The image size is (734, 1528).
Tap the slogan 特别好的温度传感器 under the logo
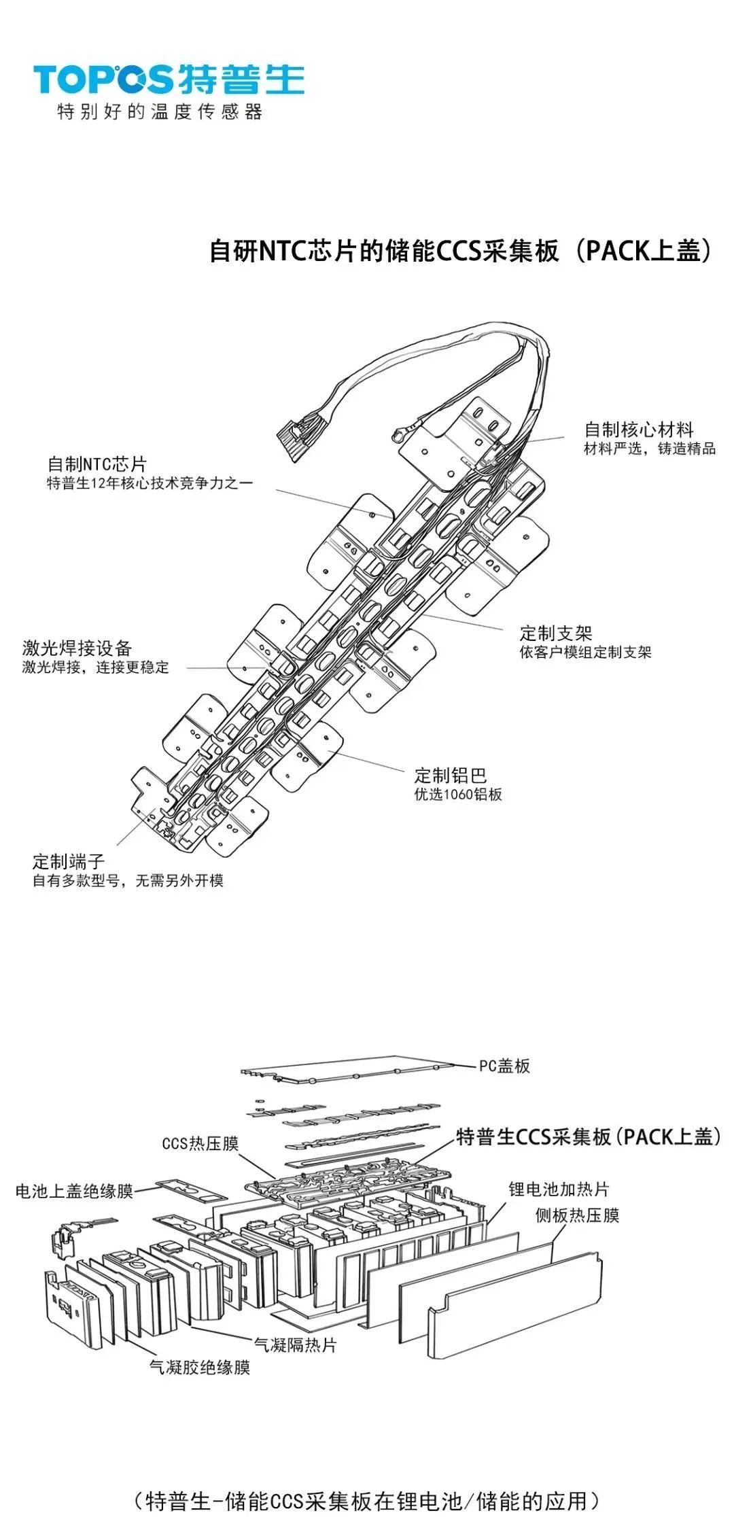160,111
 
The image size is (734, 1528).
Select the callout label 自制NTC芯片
97,464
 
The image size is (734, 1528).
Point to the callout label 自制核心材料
638,430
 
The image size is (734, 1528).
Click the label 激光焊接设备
76,648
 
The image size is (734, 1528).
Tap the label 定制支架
555,633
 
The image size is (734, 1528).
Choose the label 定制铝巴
451,775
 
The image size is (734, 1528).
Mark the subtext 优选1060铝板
458,794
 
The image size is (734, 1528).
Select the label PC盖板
504,1065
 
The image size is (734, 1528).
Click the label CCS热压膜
200,1143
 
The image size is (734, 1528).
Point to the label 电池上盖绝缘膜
74,1191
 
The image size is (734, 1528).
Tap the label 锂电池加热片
559,1189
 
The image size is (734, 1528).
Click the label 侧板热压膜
577,1215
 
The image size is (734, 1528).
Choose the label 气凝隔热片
295,1344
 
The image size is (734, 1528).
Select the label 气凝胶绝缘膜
200,1367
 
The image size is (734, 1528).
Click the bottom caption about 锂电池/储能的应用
367,1501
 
